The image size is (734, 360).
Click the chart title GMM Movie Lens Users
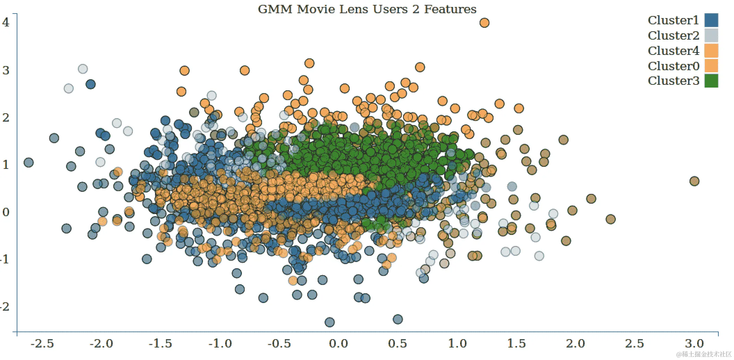367,9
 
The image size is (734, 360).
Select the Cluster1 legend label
673,21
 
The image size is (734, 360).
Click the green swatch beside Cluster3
711,81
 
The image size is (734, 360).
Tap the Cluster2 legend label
673,36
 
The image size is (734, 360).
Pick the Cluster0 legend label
673,66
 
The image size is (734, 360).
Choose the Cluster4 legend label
673,51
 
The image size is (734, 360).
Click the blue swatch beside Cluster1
711,21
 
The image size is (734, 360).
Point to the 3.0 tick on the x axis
694,344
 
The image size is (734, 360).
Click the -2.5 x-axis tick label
42,344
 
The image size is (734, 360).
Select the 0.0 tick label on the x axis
338,344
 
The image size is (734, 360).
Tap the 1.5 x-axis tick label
516,344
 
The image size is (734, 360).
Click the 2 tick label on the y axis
6,118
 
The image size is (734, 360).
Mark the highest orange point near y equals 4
484,23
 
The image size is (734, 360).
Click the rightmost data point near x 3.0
694,181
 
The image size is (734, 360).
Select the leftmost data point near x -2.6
28,162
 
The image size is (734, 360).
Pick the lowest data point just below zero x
329,322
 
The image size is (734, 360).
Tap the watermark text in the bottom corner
703,354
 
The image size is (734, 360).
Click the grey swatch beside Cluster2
711,36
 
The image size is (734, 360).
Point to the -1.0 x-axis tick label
220,344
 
